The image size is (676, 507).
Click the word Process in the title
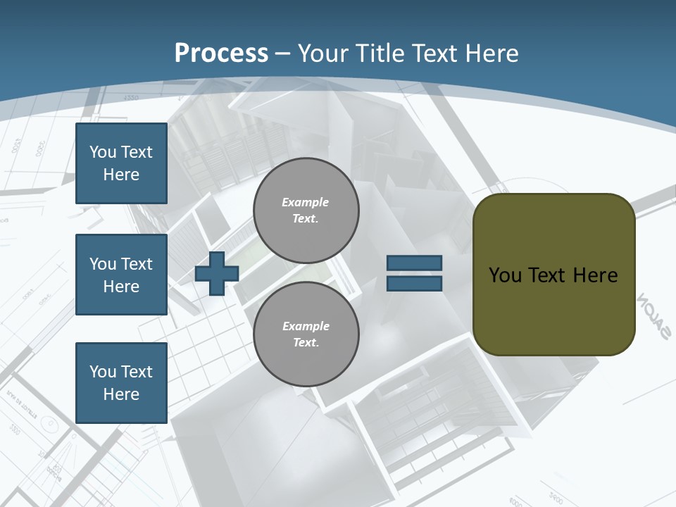coord(221,54)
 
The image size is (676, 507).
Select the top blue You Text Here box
coord(121,163)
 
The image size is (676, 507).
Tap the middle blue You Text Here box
coord(121,275)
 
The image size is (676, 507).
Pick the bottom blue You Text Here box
coord(121,383)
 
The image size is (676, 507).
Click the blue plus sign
coord(217,273)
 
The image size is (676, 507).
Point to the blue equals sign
coord(414,273)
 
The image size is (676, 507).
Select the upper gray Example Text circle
coord(306,211)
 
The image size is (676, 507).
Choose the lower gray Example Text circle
coord(306,334)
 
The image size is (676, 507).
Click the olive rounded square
coord(554,275)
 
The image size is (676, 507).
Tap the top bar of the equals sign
coord(414,263)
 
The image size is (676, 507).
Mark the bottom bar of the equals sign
coord(414,283)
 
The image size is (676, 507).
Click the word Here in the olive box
coord(596,275)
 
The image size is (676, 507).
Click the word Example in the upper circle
coord(306,202)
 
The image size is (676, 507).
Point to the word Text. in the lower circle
coord(306,343)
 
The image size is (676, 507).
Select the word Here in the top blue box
coord(121,175)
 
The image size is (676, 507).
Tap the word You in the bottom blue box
coord(103,372)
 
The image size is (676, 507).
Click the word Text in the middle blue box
coord(137,264)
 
